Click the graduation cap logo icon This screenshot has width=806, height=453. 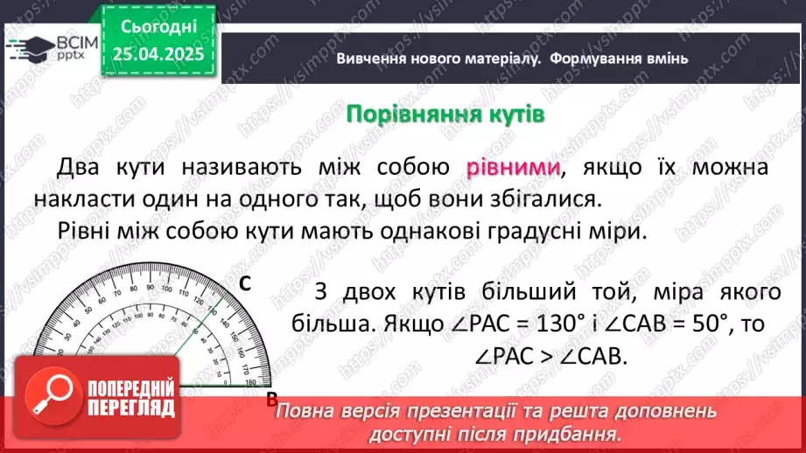coord(26,45)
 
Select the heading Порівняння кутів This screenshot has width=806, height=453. coord(445,115)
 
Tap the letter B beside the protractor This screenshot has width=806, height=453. coord(271,399)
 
